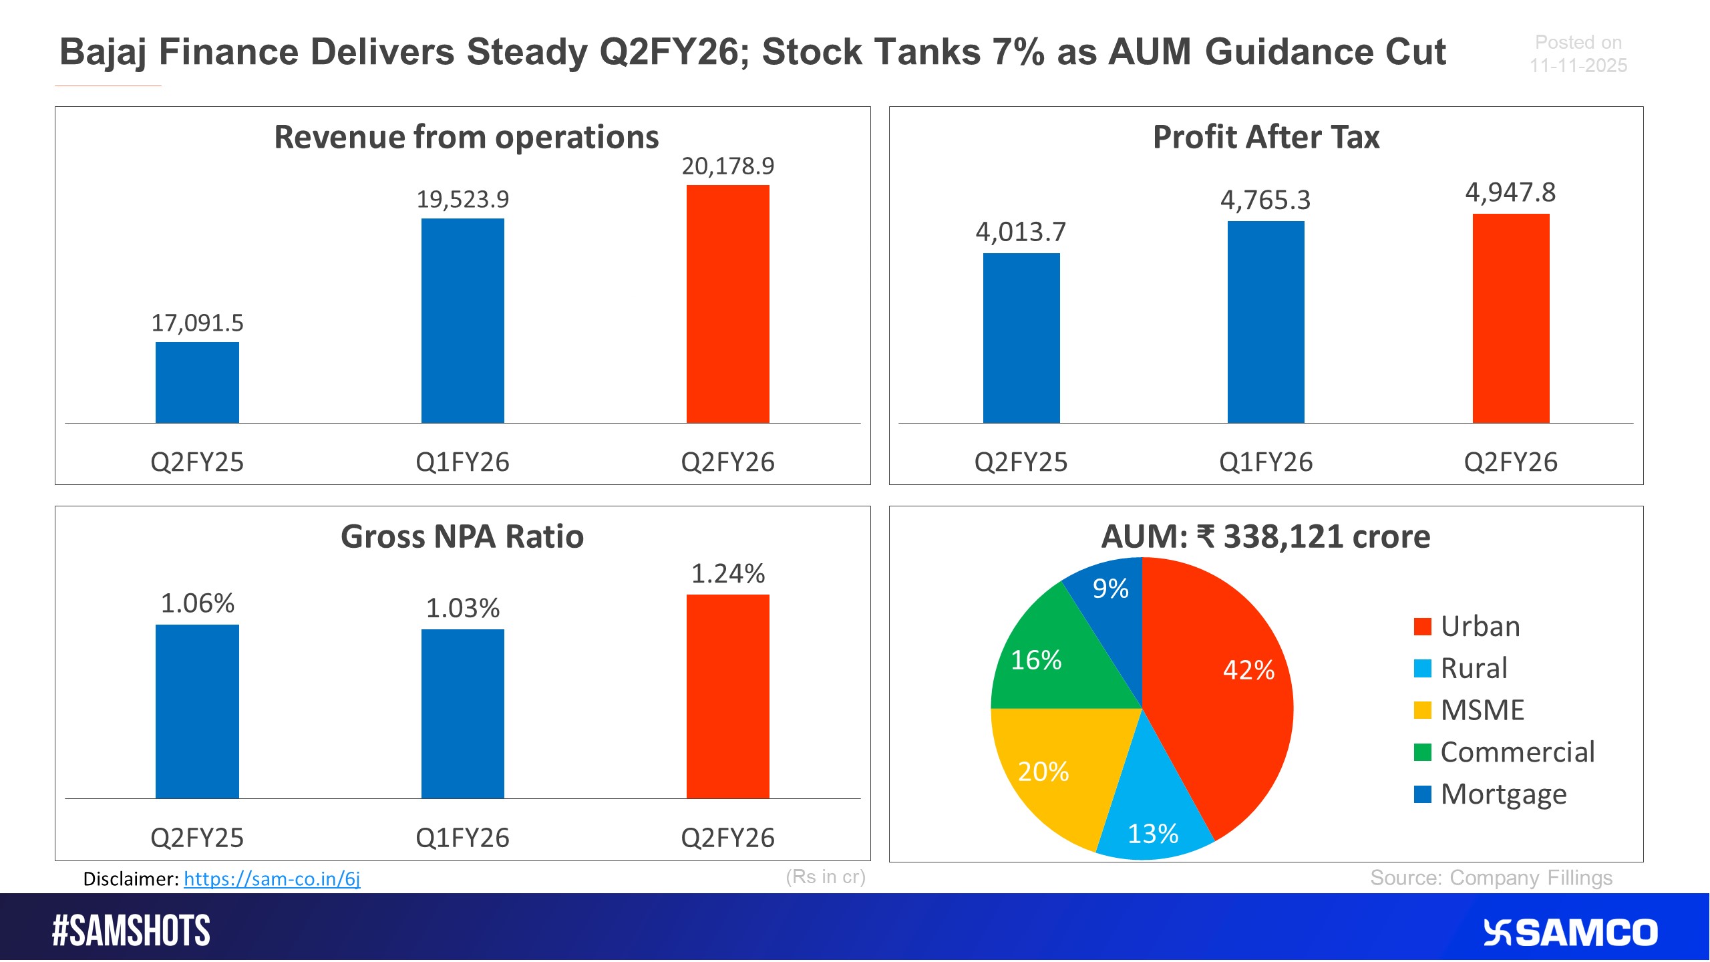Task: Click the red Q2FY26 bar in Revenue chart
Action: (727, 304)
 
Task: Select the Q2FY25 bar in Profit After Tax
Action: (1021, 337)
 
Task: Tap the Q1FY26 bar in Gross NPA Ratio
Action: (462, 713)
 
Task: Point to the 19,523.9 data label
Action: (462, 199)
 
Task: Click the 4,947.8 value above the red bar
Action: (1510, 192)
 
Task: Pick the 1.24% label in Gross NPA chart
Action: (727, 573)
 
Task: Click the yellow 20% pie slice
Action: (1049, 768)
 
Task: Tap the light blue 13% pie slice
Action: (1152, 825)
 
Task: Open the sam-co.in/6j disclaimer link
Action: (272, 878)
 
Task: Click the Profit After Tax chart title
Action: (1266, 137)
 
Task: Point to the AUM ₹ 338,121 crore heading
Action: (1266, 536)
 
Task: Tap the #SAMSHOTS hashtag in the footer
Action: (131, 931)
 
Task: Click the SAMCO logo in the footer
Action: (1570, 933)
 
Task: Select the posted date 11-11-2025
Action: (1578, 65)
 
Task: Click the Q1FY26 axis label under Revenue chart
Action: (462, 462)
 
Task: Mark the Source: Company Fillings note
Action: (1491, 877)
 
